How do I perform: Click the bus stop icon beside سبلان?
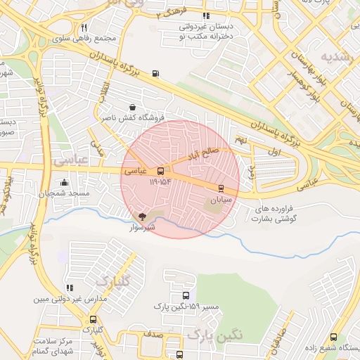pyautogui.click(x=221, y=188)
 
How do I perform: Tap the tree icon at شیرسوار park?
pyautogui.click(x=143, y=216)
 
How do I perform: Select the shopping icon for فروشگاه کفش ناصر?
pyautogui.click(x=133, y=108)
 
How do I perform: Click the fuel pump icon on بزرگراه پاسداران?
pyautogui.click(x=155, y=72)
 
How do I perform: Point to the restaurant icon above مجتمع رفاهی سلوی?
pyautogui.click(x=84, y=27)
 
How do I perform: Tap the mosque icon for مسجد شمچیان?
pyautogui.click(x=64, y=183)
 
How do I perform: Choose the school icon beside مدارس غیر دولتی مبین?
pyautogui.click(x=69, y=288)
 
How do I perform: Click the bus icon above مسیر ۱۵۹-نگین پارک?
pyautogui.click(x=186, y=296)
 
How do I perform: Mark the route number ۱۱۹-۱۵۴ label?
pyautogui.click(x=160, y=182)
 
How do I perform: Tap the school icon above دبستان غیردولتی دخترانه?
pyautogui.click(x=206, y=15)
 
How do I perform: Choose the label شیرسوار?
pyautogui.click(x=141, y=228)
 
